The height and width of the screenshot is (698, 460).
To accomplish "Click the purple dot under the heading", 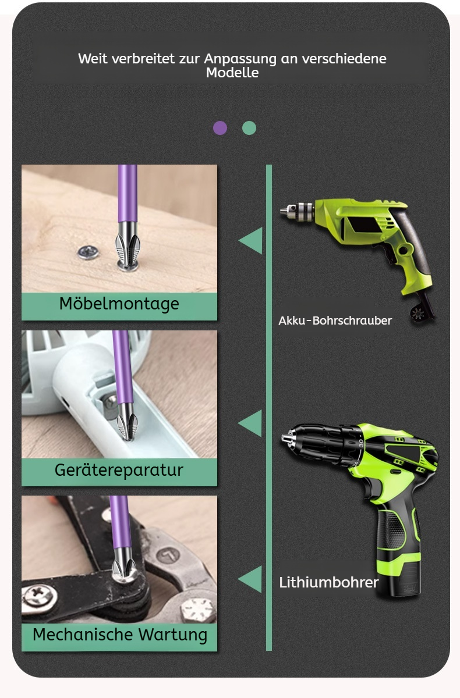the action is (x=220, y=128).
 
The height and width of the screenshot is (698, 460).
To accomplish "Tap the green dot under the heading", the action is (x=249, y=128).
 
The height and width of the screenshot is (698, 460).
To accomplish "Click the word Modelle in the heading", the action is (x=232, y=73).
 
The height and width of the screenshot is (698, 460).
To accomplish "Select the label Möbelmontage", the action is (x=119, y=304).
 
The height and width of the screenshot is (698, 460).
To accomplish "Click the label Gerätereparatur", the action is (x=119, y=470).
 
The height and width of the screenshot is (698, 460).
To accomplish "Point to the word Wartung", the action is (x=173, y=635).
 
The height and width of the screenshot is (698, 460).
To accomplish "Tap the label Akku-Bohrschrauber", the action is (x=335, y=320).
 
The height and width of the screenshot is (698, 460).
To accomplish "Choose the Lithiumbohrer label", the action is (x=329, y=582).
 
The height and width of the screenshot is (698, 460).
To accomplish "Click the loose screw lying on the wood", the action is (x=88, y=252).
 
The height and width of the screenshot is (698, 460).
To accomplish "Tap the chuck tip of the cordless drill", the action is (x=286, y=439).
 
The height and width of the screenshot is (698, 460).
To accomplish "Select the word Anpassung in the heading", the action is (x=240, y=59).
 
